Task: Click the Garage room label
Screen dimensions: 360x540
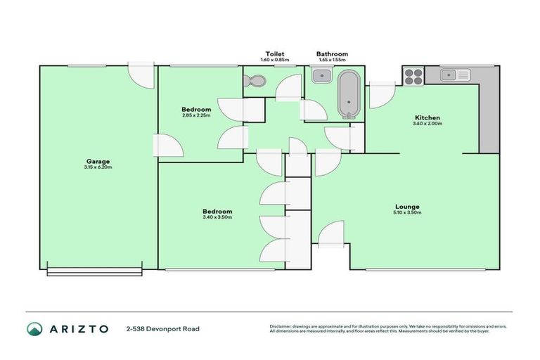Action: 98,161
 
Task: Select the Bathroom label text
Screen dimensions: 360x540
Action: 332,53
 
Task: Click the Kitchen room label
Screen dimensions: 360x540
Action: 427,117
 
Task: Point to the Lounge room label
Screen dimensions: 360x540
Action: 408,206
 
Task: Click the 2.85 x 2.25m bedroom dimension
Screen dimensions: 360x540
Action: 196,115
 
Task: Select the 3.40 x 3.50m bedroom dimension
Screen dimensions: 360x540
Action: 217,217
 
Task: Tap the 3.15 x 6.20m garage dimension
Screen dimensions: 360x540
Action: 98,167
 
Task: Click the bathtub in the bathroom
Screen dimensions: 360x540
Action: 348,95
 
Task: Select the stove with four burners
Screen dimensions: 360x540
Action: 412,75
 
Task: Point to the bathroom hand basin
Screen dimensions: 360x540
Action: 317,75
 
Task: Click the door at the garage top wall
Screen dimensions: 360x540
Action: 141,75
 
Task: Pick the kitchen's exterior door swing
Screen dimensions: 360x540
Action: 380,94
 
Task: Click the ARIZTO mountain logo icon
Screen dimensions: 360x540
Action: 34,328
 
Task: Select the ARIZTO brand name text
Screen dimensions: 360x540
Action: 79,328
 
